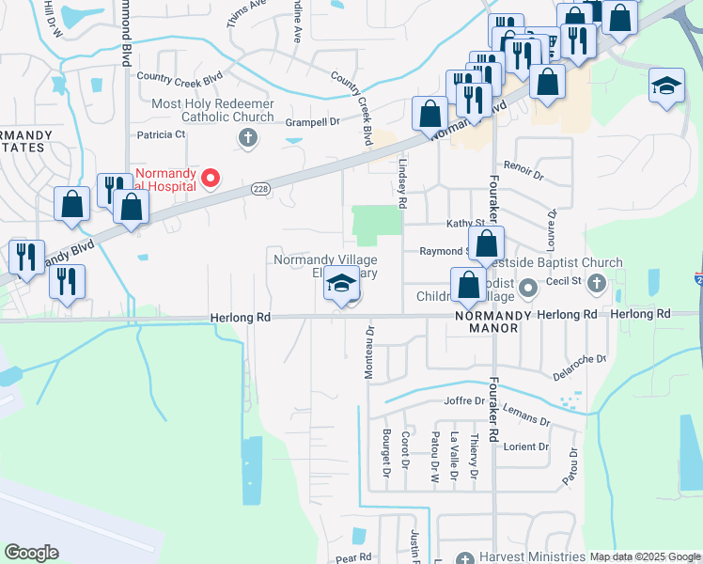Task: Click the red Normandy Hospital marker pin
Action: pyautogui.click(x=211, y=177)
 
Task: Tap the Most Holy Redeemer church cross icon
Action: pyautogui.click(x=248, y=140)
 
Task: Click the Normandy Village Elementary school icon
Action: pyautogui.click(x=341, y=284)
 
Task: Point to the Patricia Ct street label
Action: pyautogui.click(x=161, y=134)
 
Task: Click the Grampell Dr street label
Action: pyautogui.click(x=313, y=121)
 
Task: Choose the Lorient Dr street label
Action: pyautogui.click(x=525, y=446)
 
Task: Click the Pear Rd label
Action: pyautogui.click(x=354, y=556)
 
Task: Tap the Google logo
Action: pyautogui.click(x=32, y=553)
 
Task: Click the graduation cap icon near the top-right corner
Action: pyautogui.click(x=666, y=86)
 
